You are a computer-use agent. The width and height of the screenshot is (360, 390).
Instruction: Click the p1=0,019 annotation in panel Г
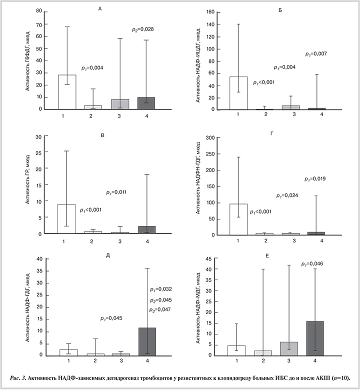point(316,178)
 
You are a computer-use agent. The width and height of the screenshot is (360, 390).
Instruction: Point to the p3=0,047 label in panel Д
point(160,310)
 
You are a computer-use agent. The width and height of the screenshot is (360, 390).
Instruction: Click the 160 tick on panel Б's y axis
point(211,12)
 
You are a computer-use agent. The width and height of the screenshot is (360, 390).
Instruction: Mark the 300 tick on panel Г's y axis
point(210,137)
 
